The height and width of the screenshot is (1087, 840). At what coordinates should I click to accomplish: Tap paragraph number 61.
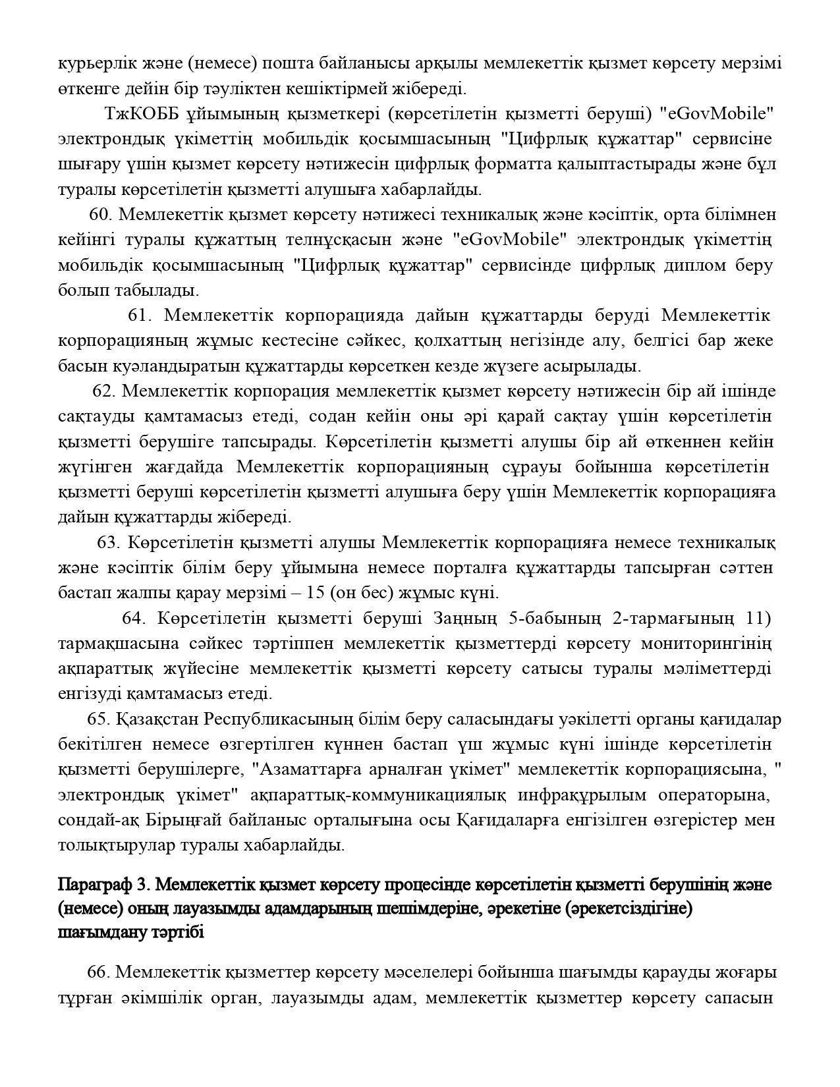[140, 316]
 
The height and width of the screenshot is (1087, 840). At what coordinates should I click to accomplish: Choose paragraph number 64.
[134, 619]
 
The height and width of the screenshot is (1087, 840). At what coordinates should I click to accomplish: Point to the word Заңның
[465, 619]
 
